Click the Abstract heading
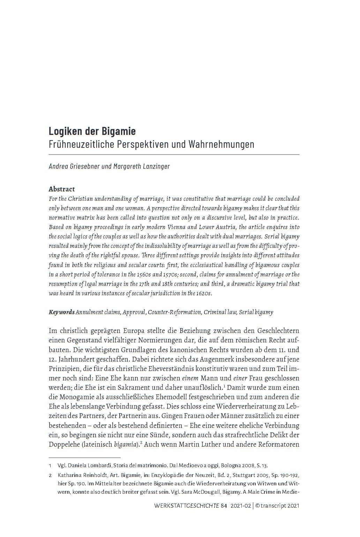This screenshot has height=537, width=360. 62,189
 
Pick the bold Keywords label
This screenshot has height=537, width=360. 61,312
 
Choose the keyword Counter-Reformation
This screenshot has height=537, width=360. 174,312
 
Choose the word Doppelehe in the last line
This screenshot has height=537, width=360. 63,445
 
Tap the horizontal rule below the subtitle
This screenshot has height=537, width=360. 174,154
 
